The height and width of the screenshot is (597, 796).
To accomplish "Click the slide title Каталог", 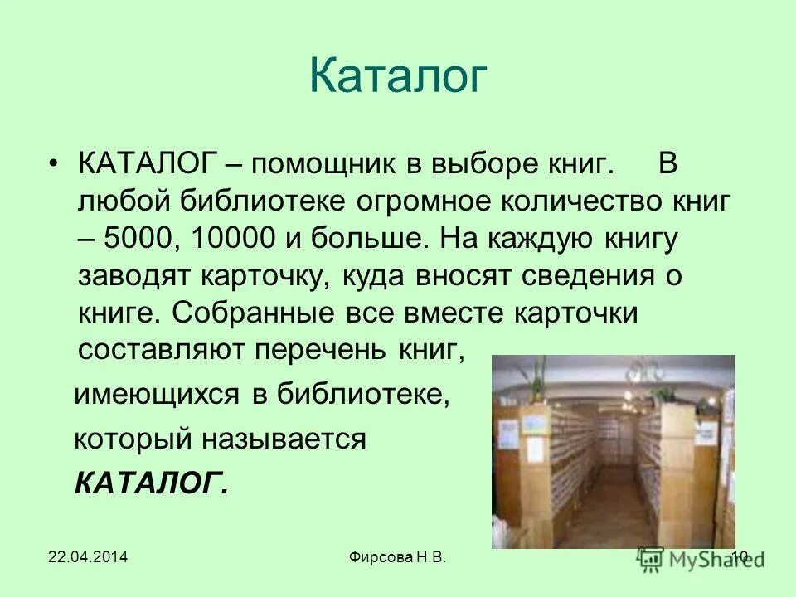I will (x=397, y=76).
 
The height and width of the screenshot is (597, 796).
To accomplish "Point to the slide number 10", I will (x=740, y=558).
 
